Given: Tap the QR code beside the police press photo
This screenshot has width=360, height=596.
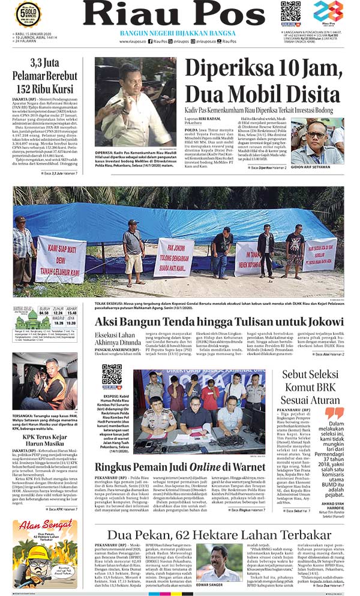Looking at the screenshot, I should click(112, 374).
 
